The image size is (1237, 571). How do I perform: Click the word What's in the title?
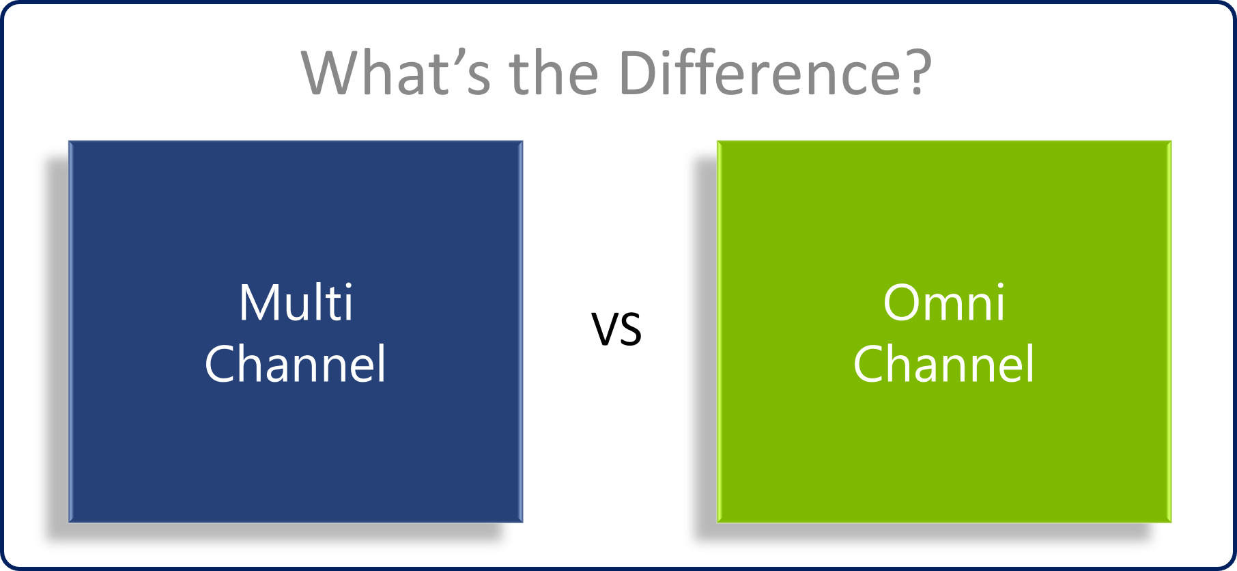396,72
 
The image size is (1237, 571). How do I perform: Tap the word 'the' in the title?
554,72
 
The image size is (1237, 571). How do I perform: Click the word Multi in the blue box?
296,302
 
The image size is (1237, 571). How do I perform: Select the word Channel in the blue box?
296,363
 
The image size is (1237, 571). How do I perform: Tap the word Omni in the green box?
944,302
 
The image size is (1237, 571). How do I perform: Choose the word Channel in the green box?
944,363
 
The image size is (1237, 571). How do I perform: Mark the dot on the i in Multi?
349,286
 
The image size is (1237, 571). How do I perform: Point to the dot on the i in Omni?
1000,286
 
